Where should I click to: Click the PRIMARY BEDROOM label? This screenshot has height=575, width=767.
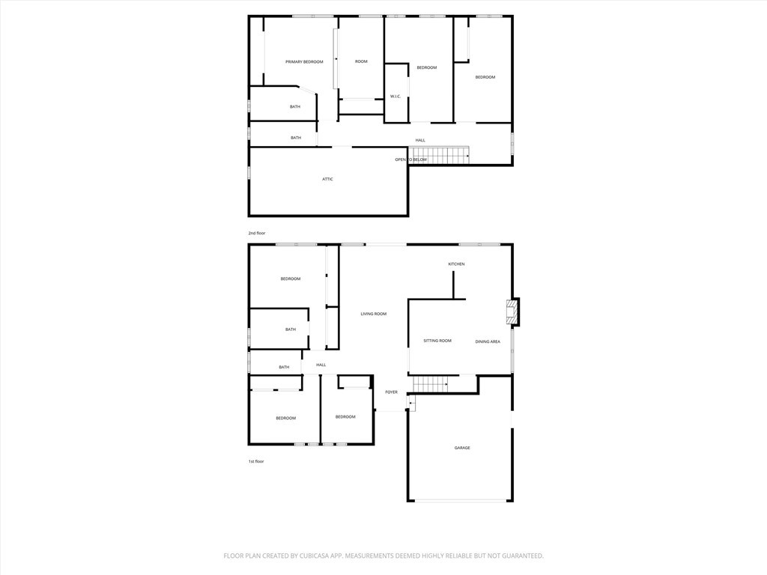click(304, 62)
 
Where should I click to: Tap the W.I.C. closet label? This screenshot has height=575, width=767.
click(395, 97)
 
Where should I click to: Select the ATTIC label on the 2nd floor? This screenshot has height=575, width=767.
click(327, 179)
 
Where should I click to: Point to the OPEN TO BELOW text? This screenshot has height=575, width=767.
click(411, 159)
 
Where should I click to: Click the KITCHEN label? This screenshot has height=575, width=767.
click(456, 264)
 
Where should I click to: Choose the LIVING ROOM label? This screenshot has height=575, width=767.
click(373, 314)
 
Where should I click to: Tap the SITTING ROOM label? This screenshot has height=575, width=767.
click(437, 341)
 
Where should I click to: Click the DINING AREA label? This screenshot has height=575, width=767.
click(488, 341)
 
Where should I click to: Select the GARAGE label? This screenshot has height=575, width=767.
click(462, 448)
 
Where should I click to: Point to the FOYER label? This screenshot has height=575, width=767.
click(391, 392)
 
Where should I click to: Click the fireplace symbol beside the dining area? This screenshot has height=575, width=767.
click(512, 312)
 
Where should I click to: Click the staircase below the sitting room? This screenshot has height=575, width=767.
click(430, 384)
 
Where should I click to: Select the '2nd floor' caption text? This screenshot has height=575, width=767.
click(257, 233)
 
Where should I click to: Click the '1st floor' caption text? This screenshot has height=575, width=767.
click(256, 461)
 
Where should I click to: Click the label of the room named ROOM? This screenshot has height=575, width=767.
click(361, 61)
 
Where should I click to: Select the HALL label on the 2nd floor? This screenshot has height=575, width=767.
click(420, 140)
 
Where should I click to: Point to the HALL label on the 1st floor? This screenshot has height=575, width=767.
click(321, 365)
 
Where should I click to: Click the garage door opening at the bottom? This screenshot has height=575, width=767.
click(461, 501)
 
